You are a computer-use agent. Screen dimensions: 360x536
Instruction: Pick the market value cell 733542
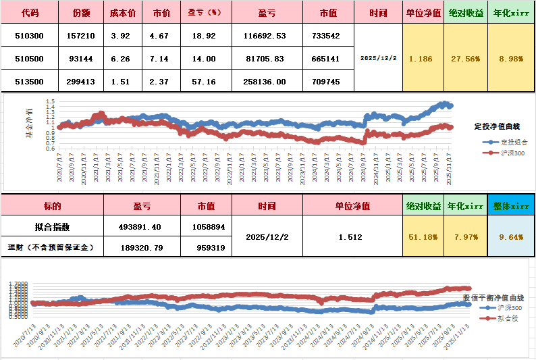pyautogui.click(x=327, y=36)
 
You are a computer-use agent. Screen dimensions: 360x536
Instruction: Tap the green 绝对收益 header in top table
pyautogui.click(x=466, y=13)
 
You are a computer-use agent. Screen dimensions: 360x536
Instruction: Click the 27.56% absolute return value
pyautogui.click(x=465, y=59)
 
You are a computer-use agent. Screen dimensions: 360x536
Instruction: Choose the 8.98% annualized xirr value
pyautogui.click(x=511, y=59)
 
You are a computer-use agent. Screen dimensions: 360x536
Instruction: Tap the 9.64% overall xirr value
pyautogui.click(x=511, y=237)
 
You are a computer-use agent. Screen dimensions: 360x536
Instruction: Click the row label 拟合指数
pyautogui.click(x=51, y=227)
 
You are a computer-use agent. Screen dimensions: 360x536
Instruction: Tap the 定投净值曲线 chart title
pyautogui.click(x=497, y=126)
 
